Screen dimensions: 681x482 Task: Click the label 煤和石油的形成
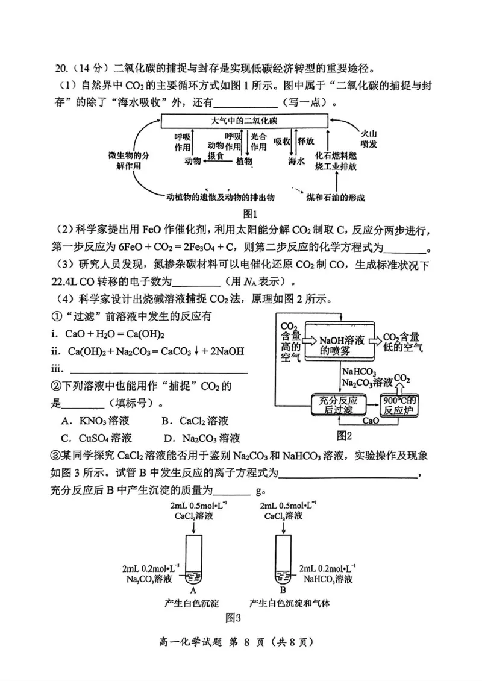(336, 198)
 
